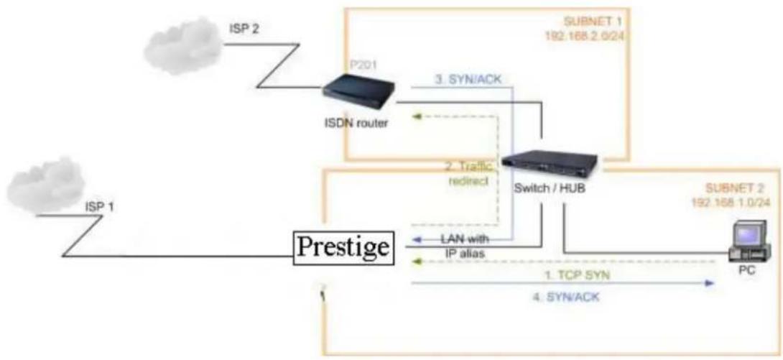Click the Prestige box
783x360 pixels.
coord(343,249)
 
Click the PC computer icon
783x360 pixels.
coord(748,243)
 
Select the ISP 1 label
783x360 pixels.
coord(99,206)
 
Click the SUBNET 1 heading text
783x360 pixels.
coord(588,22)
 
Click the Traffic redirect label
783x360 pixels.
coord(468,174)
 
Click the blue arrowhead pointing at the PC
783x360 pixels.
coord(709,283)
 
